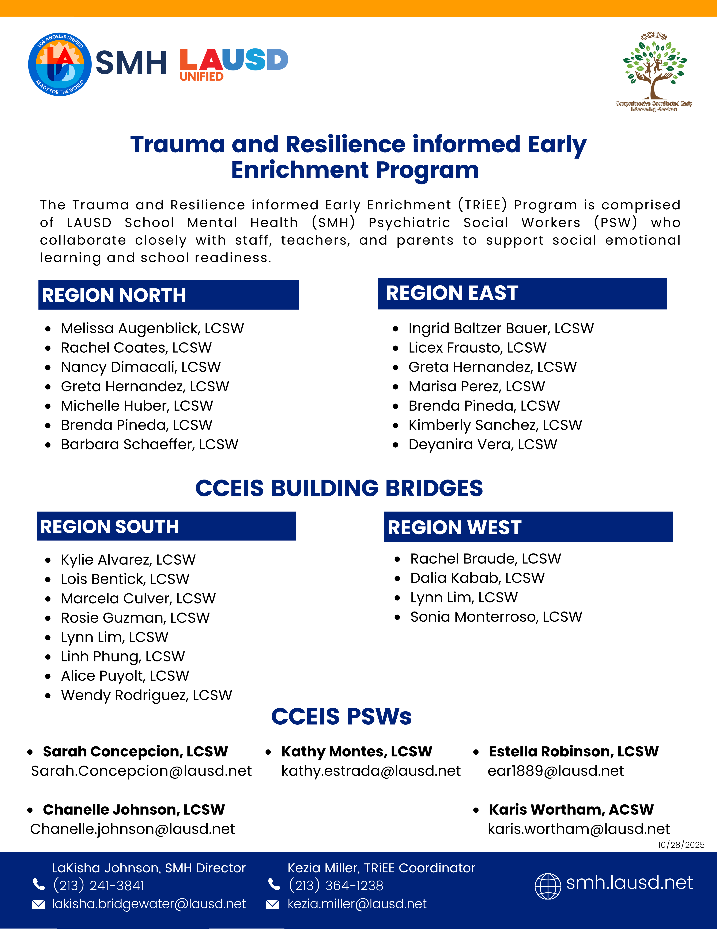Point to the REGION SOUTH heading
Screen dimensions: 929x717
[x=110, y=527]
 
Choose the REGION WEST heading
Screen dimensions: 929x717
[x=454, y=528]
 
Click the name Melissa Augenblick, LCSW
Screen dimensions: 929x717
[x=152, y=328]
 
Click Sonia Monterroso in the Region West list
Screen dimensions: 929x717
[x=496, y=617]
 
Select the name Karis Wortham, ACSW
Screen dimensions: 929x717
[x=571, y=809]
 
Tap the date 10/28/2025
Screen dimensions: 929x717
[x=681, y=845]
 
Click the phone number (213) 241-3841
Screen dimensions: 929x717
[x=98, y=886]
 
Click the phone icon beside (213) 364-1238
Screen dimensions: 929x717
[x=274, y=885]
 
